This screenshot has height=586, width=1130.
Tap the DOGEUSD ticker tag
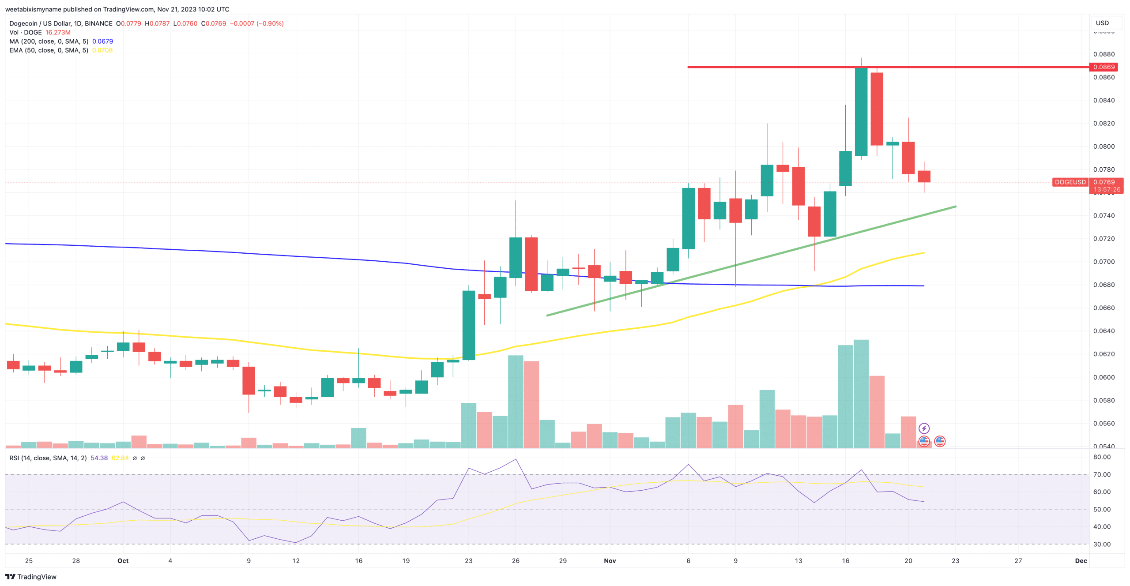click(1070, 182)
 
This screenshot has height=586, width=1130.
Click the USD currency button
click(1102, 23)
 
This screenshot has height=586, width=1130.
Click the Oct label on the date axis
click(123, 561)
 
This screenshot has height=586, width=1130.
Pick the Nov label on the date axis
click(610, 561)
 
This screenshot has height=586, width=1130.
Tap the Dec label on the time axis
click(1081, 561)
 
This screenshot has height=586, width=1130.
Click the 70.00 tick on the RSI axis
click(1102, 475)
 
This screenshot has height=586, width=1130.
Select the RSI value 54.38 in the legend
click(99, 458)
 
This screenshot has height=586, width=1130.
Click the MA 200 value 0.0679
click(102, 41)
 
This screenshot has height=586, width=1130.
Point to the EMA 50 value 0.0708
click(102, 50)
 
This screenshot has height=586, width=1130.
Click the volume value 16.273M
click(58, 33)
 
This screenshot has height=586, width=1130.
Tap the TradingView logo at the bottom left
click(30, 577)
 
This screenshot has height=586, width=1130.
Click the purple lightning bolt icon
click(924, 428)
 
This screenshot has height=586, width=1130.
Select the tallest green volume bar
click(861, 393)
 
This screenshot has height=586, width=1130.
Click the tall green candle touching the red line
click(861, 111)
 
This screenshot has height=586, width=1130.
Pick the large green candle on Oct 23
click(468, 325)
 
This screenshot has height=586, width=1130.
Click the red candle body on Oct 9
click(249, 380)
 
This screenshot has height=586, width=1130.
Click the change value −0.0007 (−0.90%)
click(256, 23)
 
